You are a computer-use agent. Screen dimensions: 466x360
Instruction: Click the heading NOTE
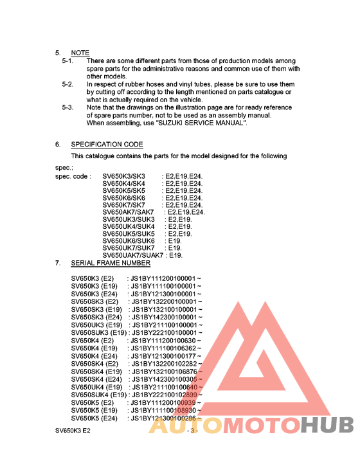coord(80,53)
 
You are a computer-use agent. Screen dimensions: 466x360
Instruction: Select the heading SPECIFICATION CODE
coord(107,145)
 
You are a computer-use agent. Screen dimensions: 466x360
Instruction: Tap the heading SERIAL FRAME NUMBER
coord(111,263)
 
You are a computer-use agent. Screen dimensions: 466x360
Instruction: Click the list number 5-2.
coord(67,84)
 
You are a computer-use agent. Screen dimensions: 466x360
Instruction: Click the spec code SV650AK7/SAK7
coord(129,212)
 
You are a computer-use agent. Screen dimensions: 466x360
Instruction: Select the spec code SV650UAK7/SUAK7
coord(133,255)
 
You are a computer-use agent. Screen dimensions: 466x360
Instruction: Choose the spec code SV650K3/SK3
coord(124,176)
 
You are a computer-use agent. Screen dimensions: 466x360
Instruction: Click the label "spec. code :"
coord(73,176)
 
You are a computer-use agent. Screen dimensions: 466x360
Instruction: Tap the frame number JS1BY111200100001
coord(166,278)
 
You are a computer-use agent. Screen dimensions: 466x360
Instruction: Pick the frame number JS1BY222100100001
coord(166,333)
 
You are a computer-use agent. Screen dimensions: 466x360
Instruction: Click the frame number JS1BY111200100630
coord(166,341)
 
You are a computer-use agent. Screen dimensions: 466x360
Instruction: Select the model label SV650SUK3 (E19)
coord(100,333)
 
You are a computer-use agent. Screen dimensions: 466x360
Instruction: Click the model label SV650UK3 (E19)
coord(96,325)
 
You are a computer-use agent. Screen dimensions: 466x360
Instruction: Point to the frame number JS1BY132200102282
coord(166,364)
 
